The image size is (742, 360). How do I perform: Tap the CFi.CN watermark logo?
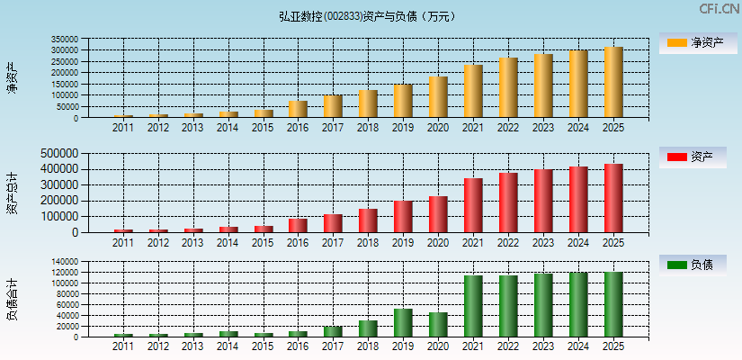click(x=719, y=9)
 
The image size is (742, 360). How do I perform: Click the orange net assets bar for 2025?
click(x=613, y=82)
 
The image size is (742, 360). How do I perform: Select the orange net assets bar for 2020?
click(x=438, y=97)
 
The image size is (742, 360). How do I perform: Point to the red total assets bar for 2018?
click(x=368, y=220)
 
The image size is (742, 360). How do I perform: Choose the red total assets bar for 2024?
click(x=578, y=199)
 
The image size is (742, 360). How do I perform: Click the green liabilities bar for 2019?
click(x=403, y=323)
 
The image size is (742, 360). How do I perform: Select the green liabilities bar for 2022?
click(x=508, y=306)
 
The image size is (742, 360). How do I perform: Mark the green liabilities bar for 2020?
click(x=438, y=325)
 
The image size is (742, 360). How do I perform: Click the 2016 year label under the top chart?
click(x=298, y=128)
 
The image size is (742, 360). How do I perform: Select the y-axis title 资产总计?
click(x=12, y=193)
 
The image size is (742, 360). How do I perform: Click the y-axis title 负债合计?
click(x=12, y=300)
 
